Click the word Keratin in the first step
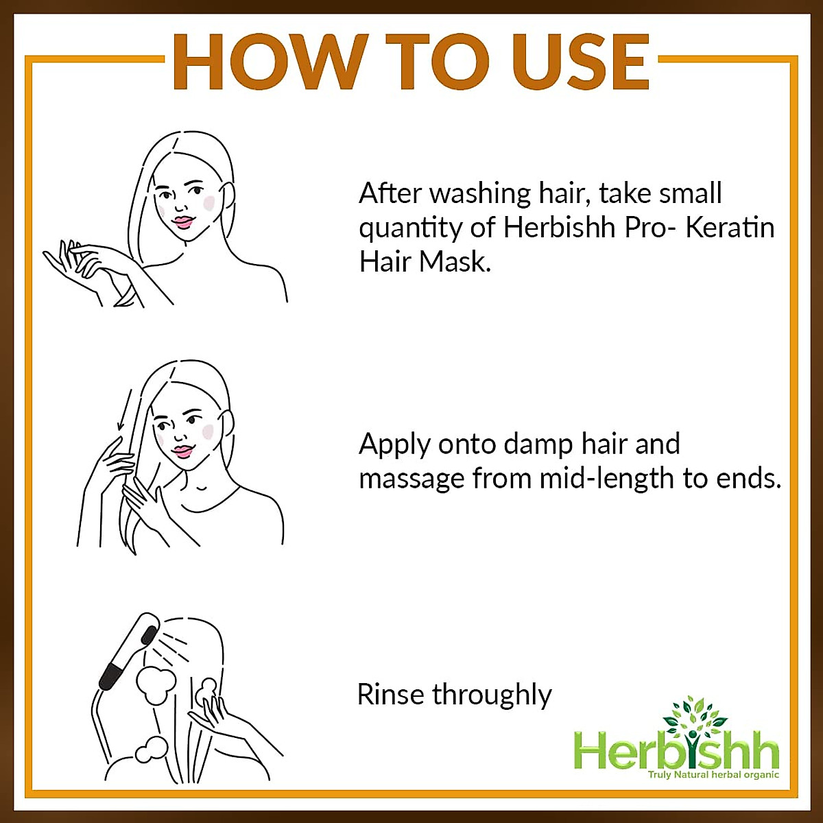tap(730, 228)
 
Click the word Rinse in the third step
tap(391, 695)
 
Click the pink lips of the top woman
tap(184, 222)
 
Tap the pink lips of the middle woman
tap(182, 451)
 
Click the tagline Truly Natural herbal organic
tap(713, 775)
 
